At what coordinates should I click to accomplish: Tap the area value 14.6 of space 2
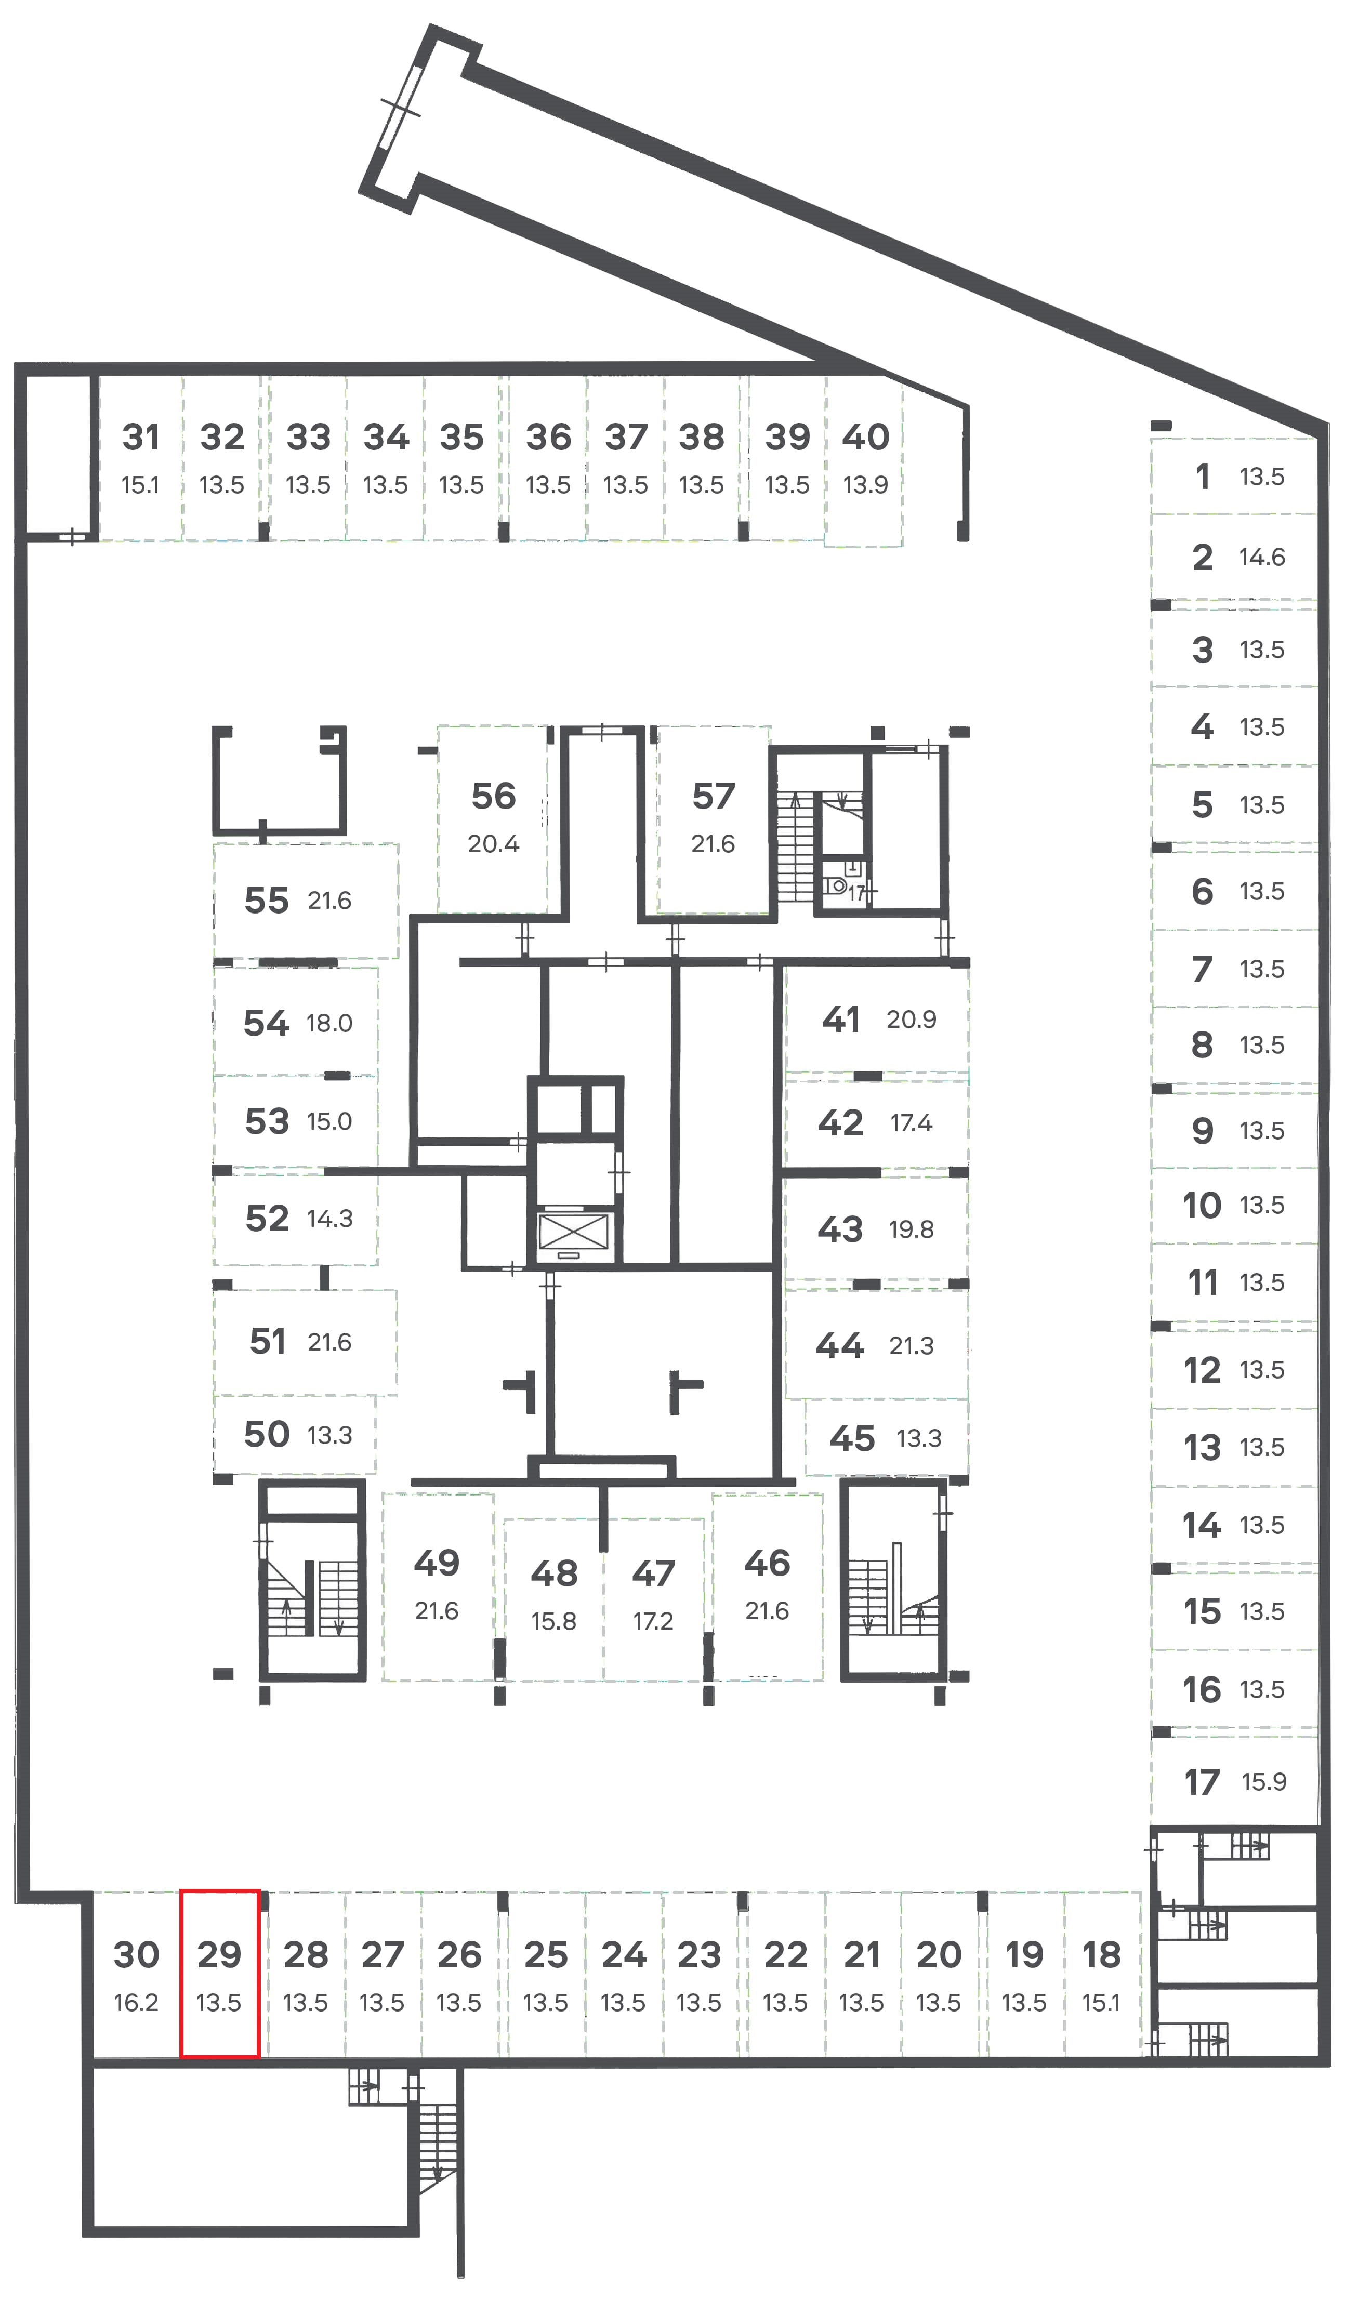(x=1262, y=557)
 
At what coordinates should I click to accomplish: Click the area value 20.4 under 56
(x=493, y=844)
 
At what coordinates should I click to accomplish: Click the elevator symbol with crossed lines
(x=573, y=1232)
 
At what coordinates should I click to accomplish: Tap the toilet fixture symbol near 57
(x=835, y=885)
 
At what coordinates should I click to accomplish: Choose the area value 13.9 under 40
(x=865, y=485)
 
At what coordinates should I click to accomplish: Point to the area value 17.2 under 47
(x=653, y=1621)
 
